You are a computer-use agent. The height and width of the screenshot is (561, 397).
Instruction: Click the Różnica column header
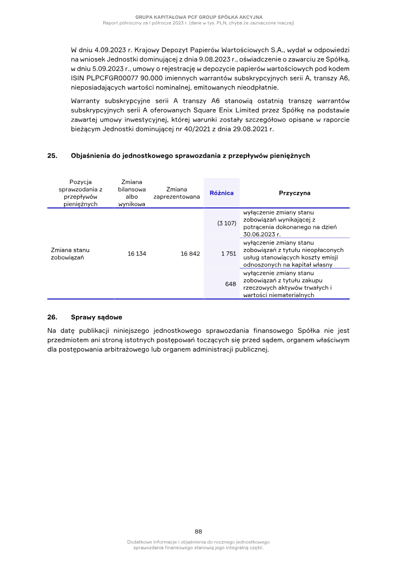click(221, 193)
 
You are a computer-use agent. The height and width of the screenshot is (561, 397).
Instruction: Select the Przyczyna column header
click(294, 193)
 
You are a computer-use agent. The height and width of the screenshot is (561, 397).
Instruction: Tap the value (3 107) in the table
click(226, 223)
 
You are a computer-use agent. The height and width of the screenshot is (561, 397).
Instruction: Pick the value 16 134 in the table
click(136, 253)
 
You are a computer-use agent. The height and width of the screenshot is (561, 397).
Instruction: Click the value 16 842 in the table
click(190, 253)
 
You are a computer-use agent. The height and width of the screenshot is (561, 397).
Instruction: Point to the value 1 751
click(228, 253)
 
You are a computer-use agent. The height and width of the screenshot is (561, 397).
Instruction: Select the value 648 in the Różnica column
click(230, 284)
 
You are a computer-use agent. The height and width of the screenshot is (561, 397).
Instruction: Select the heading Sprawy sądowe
click(96, 317)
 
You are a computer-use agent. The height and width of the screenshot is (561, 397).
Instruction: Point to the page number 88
click(198, 531)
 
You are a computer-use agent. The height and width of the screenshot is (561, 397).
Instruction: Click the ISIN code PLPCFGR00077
click(113, 78)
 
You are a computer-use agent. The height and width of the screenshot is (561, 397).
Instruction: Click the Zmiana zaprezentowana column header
click(177, 193)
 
